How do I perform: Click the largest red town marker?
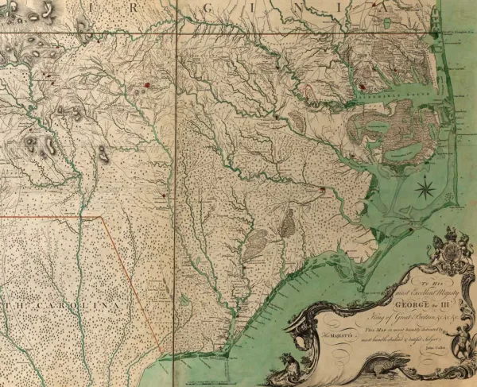147,81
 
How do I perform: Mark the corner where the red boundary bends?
102,216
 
